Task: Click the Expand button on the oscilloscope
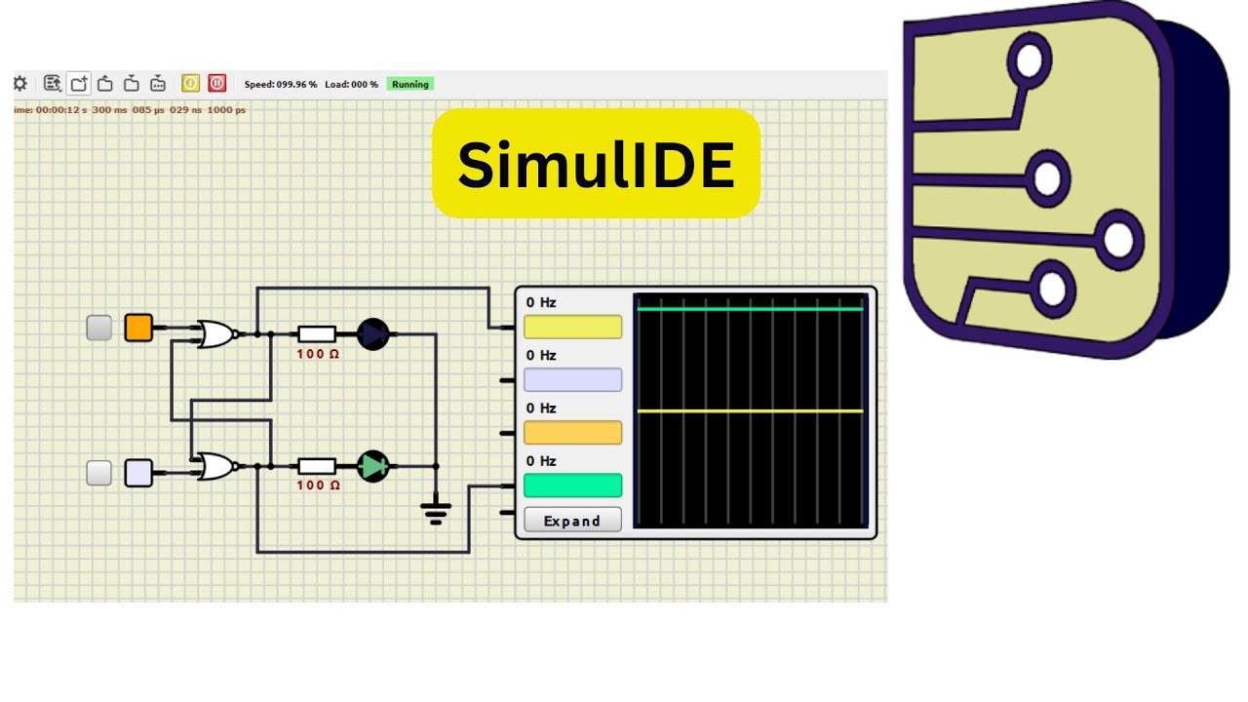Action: (x=572, y=520)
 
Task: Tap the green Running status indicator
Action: (x=410, y=84)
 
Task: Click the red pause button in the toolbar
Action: (x=217, y=83)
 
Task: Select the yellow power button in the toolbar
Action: (x=190, y=83)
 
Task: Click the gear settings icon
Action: (x=20, y=84)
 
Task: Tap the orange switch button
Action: (x=138, y=327)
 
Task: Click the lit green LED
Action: (x=372, y=466)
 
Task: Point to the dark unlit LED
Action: (x=372, y=334)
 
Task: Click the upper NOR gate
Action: (x=217, y=334)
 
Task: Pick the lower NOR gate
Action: (x=217, y=466)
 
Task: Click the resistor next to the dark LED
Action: (x=317, y=334)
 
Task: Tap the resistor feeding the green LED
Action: (x=317, y=466)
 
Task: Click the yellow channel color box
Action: (x=572, y=327)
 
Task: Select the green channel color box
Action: (x=572, y=485)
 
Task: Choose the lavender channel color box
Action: (x=572, y=379)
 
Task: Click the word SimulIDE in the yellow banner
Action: (x=596, y=165)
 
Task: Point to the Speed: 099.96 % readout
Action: (x=281, y=84)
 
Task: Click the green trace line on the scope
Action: (x=750, y=309)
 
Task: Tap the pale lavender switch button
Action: (x=138, y=473)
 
